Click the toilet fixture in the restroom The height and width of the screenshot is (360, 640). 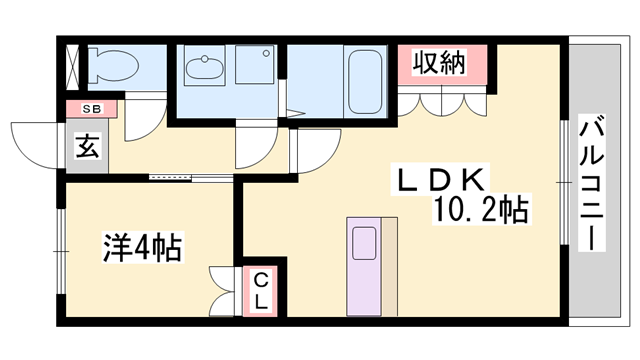(x=110, y=67)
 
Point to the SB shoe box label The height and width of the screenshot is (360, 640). (x=91, y=108)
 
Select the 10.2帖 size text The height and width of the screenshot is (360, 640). (x=480, y=210)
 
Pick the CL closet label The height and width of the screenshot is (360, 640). (x=259, y=291)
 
